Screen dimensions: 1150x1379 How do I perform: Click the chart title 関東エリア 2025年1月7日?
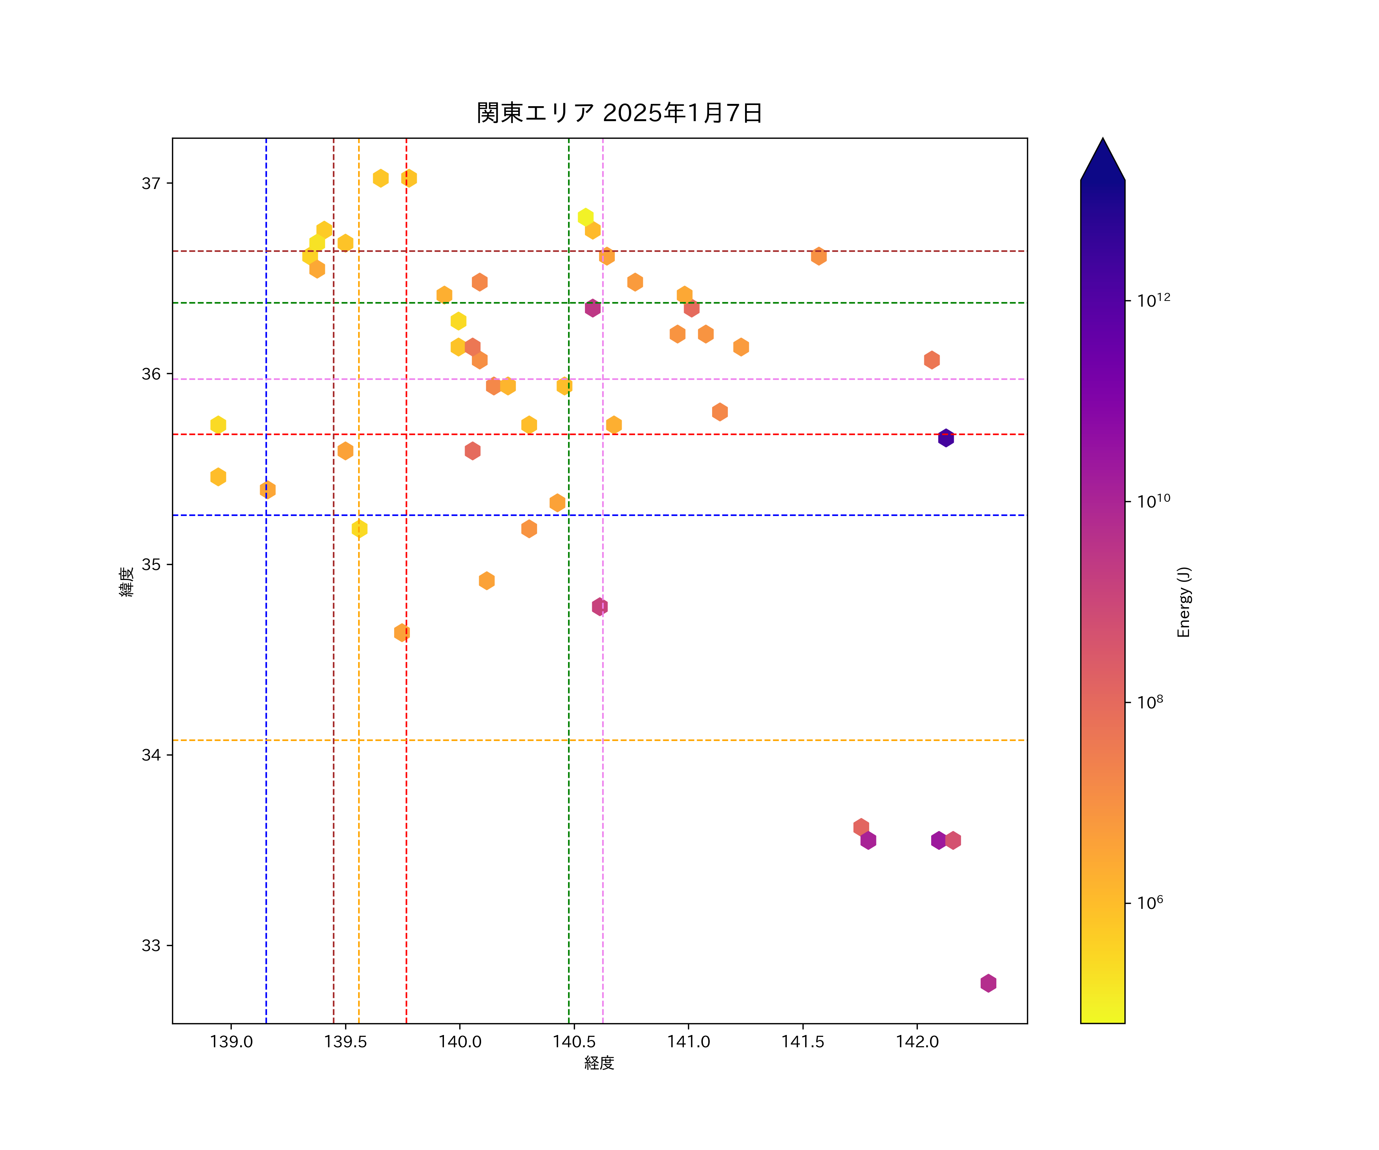pyautogui.click(x=619, y=113)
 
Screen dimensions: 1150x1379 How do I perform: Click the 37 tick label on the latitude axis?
pyautogui.click(x=151, y=183)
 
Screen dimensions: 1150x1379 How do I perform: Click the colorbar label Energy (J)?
pyautogui.click(x=1183, y=602)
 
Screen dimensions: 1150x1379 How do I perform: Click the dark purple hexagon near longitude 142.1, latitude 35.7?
pyautogui.click(x=946, y=438)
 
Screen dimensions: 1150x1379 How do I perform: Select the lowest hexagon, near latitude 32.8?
pyautogui.click(x=988, y=983)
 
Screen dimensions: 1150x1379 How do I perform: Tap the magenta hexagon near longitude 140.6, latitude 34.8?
pyautogui.click(x=599, y=606)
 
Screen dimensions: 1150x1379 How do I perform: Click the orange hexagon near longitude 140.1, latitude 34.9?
pyautogui.click(x=486, y=581)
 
